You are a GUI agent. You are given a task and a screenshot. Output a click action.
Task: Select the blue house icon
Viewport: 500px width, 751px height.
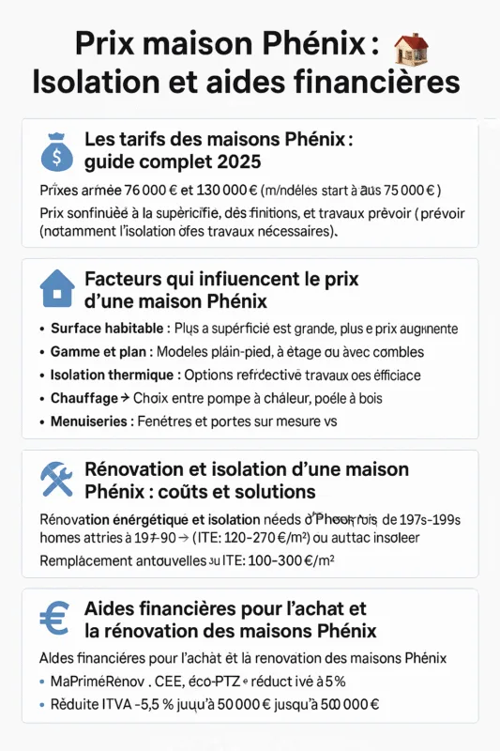pyautogui.click(x=56, y=289)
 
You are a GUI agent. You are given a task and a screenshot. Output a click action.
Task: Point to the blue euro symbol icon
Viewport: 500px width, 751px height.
pyautogui.click(x=54, y=619)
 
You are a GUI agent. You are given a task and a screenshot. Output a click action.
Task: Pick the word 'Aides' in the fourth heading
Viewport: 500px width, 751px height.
pyautogui.click(x=112, y=608)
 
